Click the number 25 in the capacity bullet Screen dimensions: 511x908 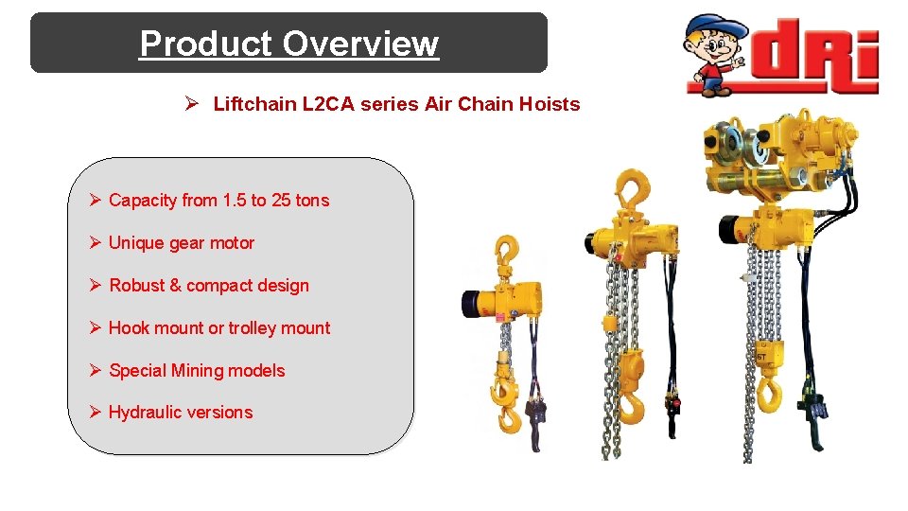281,200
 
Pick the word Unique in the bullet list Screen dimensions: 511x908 134,242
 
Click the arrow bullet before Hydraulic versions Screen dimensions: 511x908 95,412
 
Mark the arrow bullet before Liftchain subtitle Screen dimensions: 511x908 191,104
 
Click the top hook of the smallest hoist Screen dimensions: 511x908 507,251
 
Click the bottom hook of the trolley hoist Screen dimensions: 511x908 770,392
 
